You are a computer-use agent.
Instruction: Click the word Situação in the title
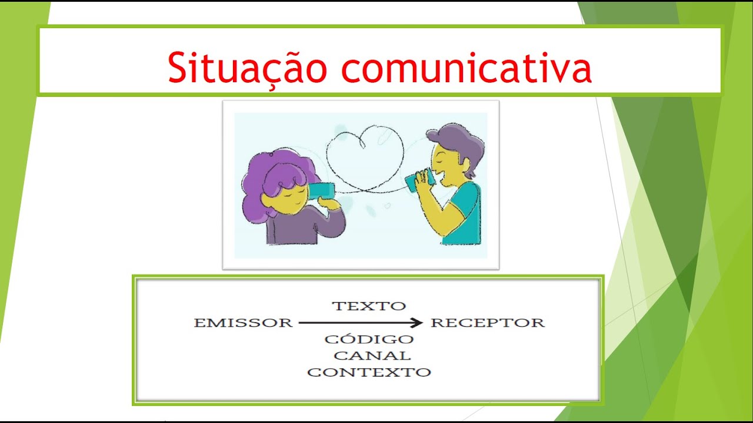[247, 67]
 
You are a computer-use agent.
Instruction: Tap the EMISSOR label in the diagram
[243, 323]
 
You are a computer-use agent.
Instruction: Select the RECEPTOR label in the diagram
[488, 323]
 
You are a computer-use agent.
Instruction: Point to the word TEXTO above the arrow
[369, 305]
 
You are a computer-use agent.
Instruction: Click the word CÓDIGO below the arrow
[369, 339]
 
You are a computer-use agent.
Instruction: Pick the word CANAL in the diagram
[372, 355]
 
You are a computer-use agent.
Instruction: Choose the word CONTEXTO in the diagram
[369, 372]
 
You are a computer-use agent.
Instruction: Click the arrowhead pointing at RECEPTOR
[417, 323]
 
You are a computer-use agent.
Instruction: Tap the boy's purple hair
[459, 141]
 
